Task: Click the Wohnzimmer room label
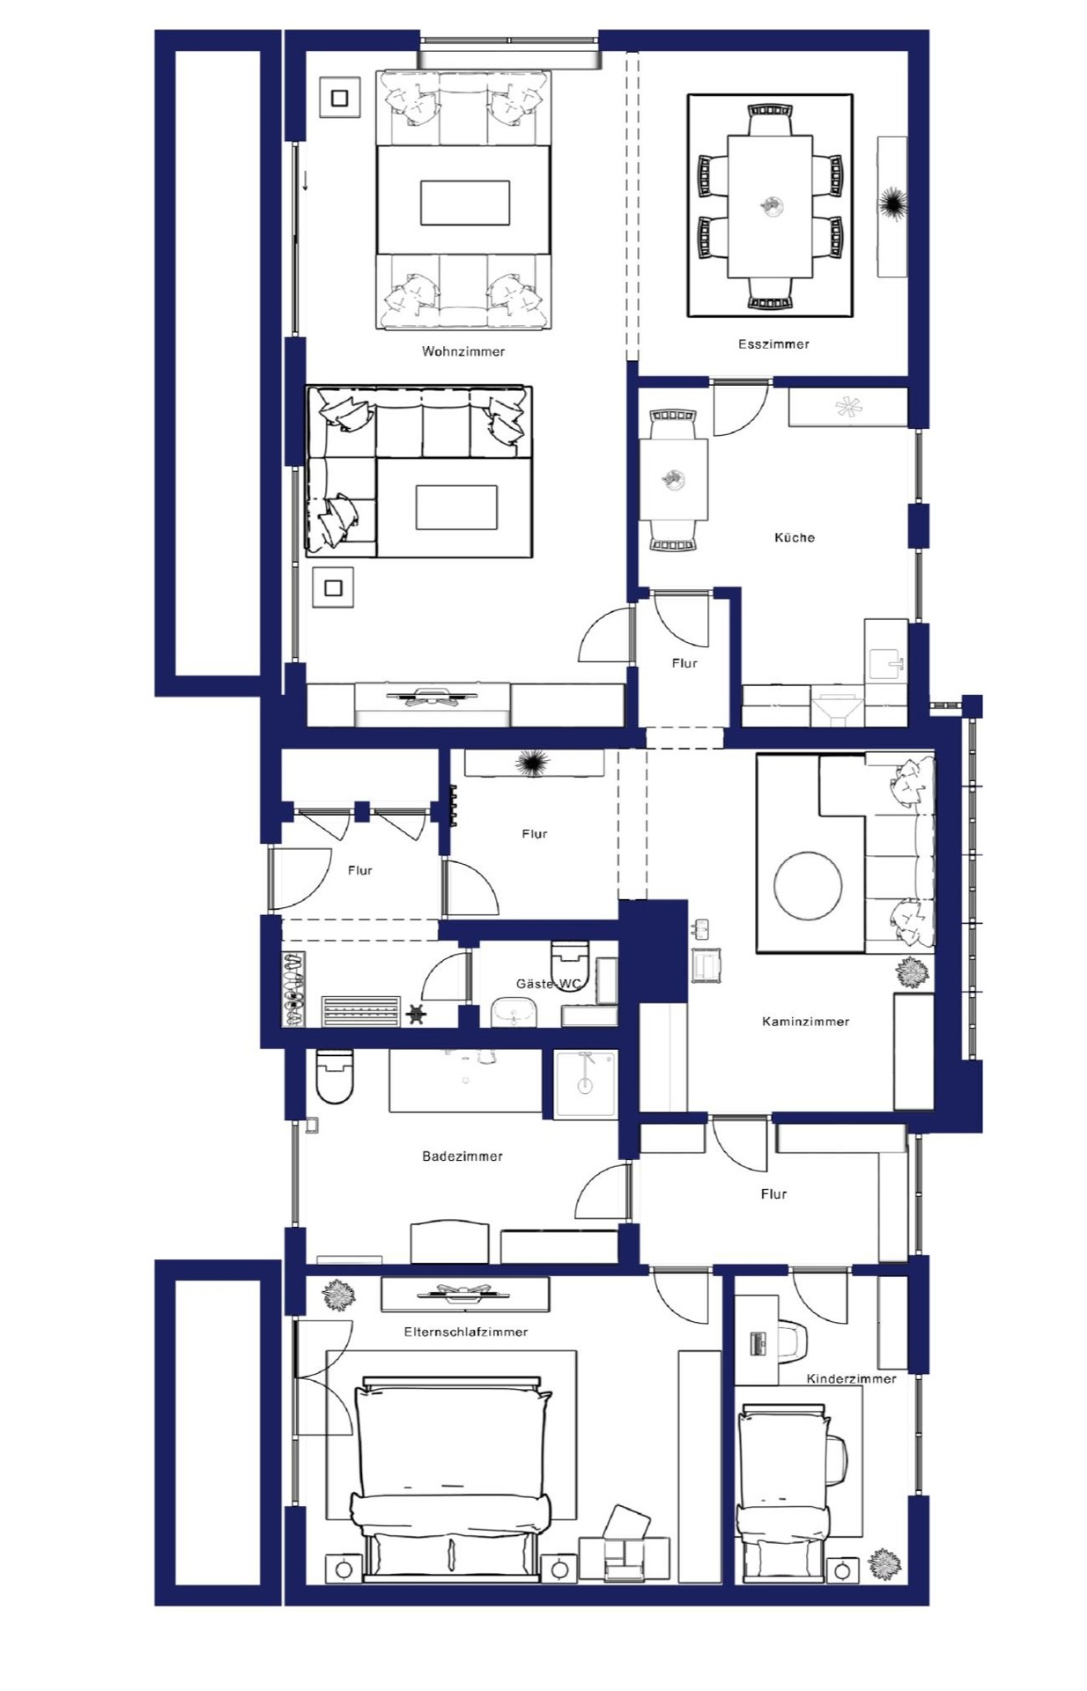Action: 463,351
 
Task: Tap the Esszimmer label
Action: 773,344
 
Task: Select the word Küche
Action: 795,537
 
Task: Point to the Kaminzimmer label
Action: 805,1022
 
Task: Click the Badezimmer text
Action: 462,1156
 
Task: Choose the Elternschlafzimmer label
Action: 466,1332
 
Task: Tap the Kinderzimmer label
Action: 851,1378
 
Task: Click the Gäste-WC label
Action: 548,984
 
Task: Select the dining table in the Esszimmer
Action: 770,206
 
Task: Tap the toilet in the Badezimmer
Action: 334,1076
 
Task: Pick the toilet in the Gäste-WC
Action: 569,954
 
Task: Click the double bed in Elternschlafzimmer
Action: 452,1481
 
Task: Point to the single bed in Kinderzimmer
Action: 782,1495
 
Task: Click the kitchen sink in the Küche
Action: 886,664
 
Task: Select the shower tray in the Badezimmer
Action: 586,1083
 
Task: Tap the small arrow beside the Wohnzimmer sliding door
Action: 305,181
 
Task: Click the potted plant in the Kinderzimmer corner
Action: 884,1564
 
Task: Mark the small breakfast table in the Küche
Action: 674,480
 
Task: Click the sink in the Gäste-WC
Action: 514,1013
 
